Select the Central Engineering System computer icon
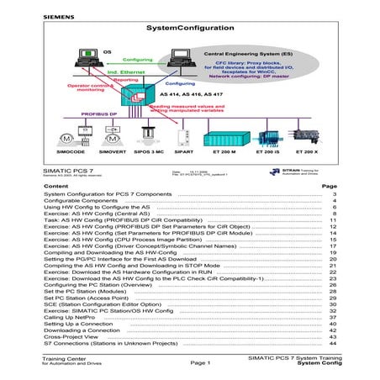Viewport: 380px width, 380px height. pos(177,57)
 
